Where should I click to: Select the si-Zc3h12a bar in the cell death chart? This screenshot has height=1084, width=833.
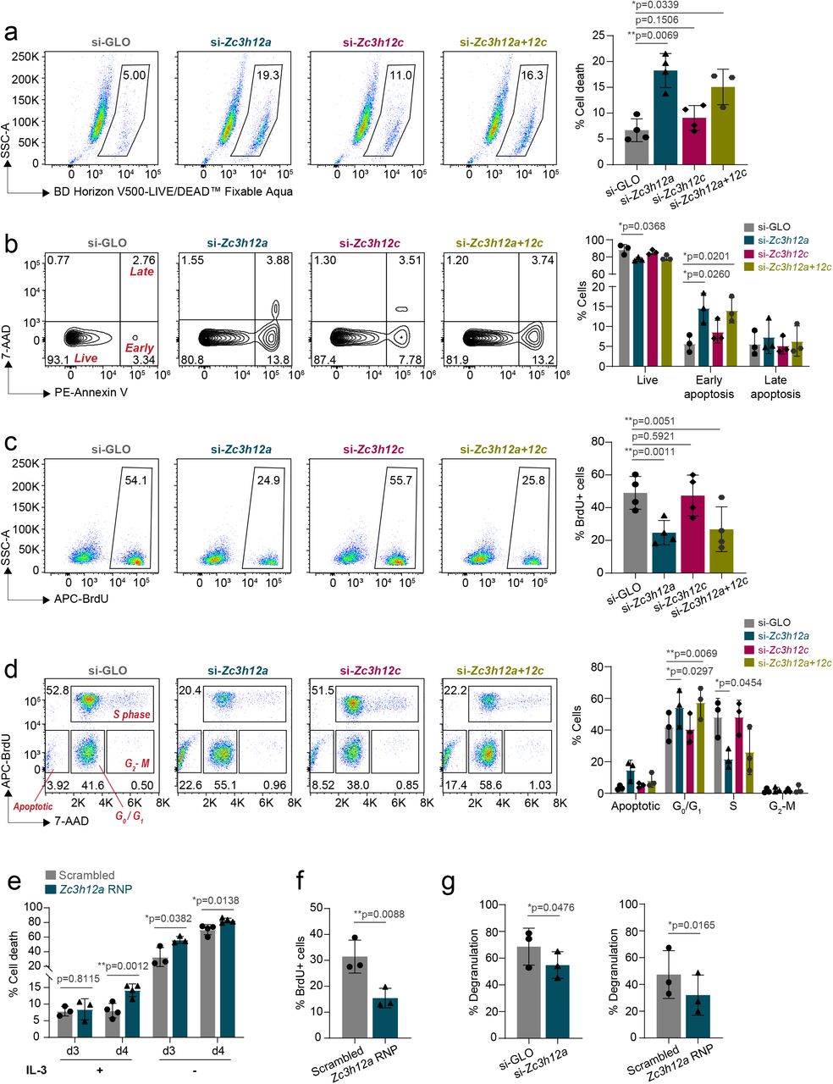pyautogui.click(x=665, y=119)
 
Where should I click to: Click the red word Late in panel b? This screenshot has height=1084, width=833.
pyautogui.click(x=141, y=272)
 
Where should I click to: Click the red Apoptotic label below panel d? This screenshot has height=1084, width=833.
pyautogui.click(x=32, y=806)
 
